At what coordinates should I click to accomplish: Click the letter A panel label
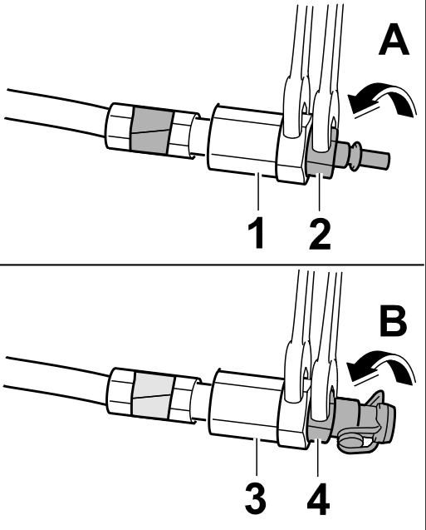click(x=394, y=39)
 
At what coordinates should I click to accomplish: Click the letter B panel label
click(x=394, y=320)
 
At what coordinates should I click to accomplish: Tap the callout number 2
click(x=320, y=233)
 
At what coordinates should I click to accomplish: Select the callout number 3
click(x=255, y=499)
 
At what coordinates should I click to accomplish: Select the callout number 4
click(x=318, y=499)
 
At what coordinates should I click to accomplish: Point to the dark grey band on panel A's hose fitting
click(x=150, y=131)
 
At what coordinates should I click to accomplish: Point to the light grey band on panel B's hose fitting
click(x=153, y=395)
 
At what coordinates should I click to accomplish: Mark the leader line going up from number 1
click(x=258, y=191)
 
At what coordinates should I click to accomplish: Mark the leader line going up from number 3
click(x=257, y=457)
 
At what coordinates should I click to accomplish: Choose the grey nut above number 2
click(x=321, y=152)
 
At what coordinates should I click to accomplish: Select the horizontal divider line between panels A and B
click(x=212, y=265)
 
